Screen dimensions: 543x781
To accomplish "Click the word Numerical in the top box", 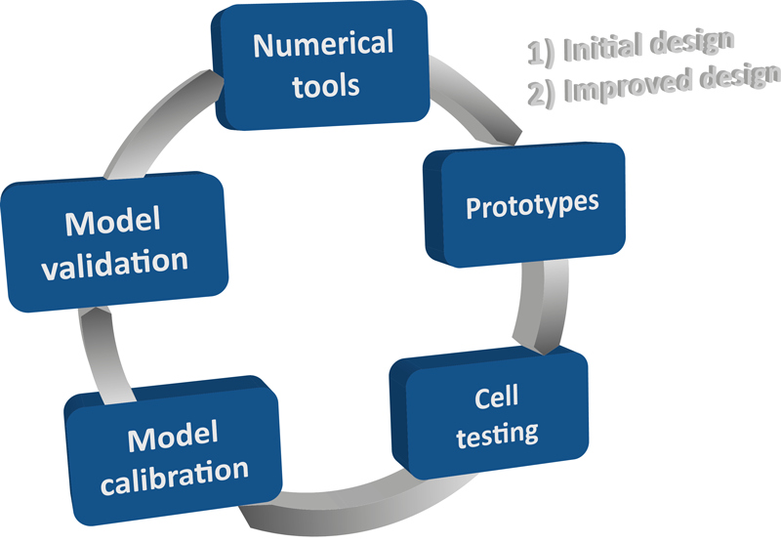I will tap(322, 45).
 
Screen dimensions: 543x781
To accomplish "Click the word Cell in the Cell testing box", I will tap(496, 397).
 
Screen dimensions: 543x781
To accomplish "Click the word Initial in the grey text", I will tap(599, 47).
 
